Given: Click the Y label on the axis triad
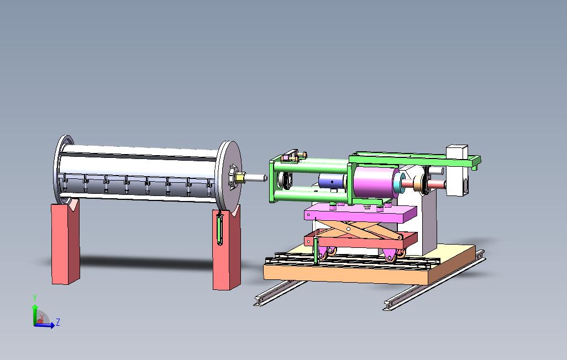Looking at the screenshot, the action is click(x=35, y=298).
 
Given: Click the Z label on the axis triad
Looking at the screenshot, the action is click(x=58, y=322).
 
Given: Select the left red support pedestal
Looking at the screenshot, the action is click(x=65, y=243).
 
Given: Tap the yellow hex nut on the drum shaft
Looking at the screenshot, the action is click(x=239, y=177).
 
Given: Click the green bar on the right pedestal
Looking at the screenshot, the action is click(x=219, y=229).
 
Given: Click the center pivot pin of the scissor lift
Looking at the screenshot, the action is click(x=348, y=229).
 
